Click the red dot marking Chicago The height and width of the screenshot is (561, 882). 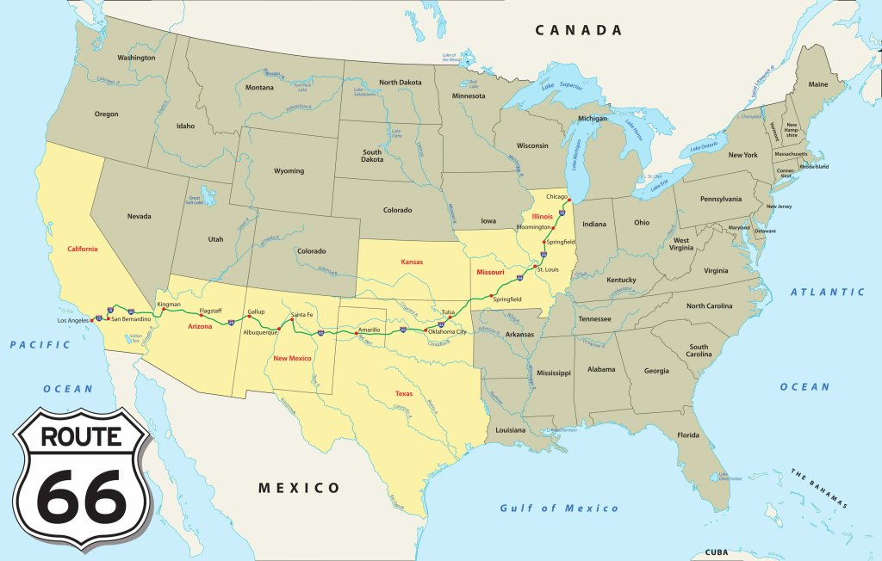(569, 200)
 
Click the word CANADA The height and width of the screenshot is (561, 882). (578, 30)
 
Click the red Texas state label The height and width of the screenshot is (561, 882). (404, 393)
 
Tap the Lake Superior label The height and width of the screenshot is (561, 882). (560, 86)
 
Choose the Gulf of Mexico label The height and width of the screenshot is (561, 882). (559, 509)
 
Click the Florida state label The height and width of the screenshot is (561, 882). (687, 435)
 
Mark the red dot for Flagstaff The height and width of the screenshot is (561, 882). (201, 315)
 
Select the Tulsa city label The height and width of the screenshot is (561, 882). (447, 311)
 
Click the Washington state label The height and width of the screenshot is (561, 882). (136, 58)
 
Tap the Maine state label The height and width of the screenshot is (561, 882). (817, 84)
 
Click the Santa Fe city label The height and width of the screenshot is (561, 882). (302, 315)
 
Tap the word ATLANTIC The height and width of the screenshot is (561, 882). (828, 293)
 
